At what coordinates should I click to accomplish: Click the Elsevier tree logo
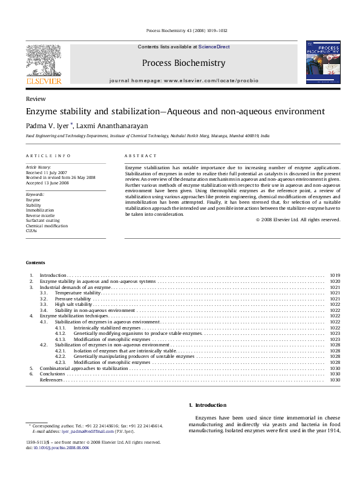coord(43,62)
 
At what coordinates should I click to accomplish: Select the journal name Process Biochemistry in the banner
coord(183,63)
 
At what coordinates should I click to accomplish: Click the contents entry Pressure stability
coord(73,299)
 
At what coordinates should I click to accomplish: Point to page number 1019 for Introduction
coord(335,275)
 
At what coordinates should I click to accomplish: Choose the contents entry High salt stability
coord(74,304)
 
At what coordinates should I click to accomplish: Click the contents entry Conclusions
coord(52,374)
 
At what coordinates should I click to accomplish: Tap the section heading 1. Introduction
coord(207,404)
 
